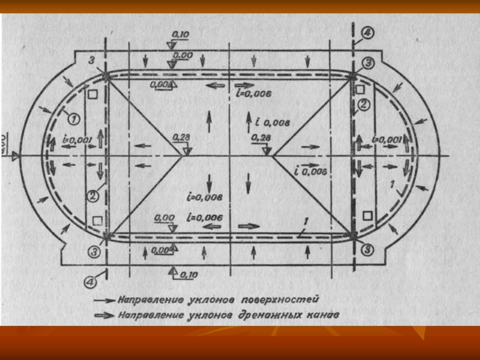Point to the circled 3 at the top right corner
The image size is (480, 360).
(x=368, y=63)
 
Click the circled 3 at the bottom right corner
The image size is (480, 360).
(x=368, y=248)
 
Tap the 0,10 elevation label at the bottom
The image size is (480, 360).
(x=189, y=275)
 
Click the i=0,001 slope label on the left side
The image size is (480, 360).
(x=76, y=140)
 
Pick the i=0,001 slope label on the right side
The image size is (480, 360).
(x=386, y=139)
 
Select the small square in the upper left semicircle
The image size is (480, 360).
(x=92, y=94)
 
